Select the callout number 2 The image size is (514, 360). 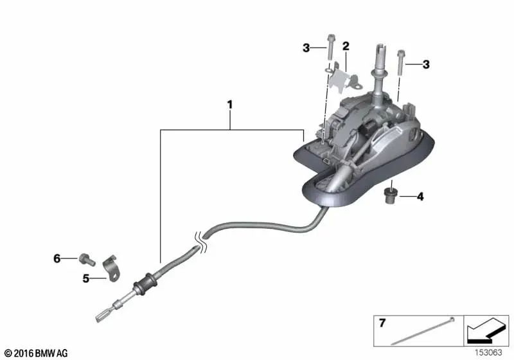(346, 46)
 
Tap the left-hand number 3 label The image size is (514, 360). (306, 47)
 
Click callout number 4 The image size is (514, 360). (420, 197)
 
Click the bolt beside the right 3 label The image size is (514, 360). (401, 63)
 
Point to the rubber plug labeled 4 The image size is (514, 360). (389, 195)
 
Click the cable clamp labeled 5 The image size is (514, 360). (111, 267)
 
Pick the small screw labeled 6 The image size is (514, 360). (83, 258)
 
